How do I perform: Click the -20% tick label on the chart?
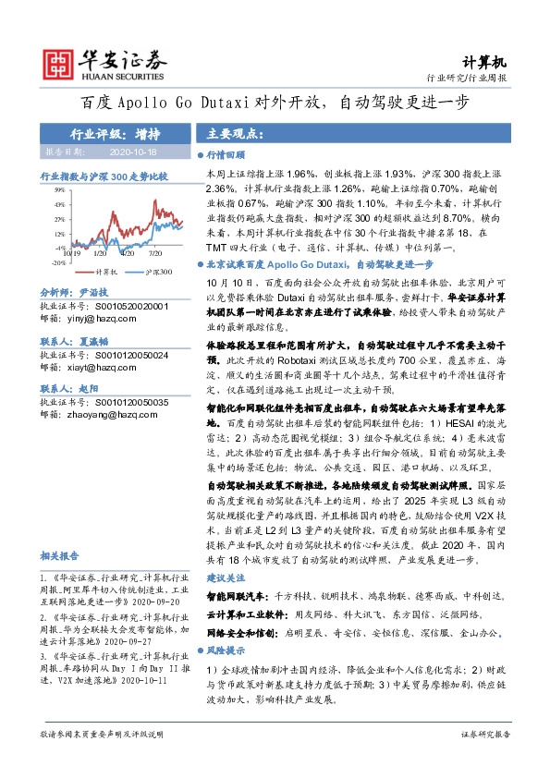(x=57, y=262)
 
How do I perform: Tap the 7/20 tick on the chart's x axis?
(x=154, y=250)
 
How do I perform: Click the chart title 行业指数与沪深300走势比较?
(x=103, y=174)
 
